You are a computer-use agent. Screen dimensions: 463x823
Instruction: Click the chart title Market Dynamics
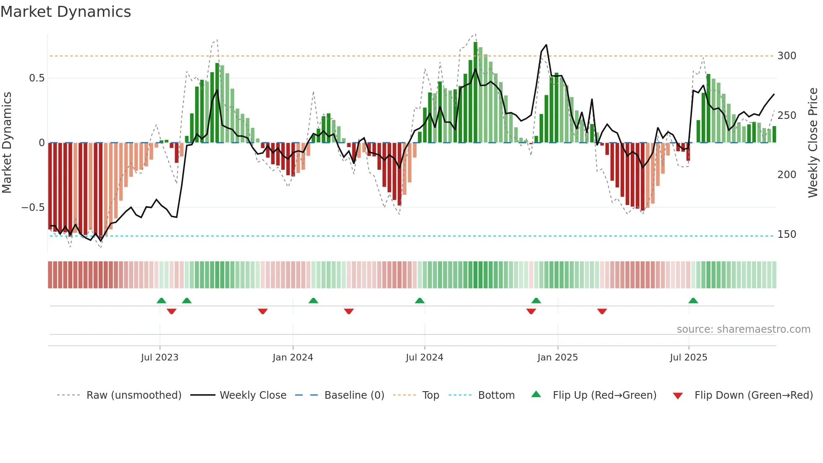coord(66,12)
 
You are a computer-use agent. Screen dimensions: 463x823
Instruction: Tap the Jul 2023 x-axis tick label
coord(160,358)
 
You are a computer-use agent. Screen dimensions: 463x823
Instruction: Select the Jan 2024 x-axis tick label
coord(293,358)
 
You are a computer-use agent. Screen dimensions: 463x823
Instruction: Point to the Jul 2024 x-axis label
coord(424,358)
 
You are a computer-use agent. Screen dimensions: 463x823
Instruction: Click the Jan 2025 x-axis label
coord(557,358)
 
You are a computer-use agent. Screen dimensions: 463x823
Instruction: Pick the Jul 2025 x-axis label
coord(688,358)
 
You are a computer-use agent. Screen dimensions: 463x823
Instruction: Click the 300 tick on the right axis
coord(786,56)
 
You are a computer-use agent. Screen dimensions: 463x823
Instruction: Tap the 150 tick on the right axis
coord(786,234)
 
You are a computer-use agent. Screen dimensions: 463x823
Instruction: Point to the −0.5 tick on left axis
coord(33,208)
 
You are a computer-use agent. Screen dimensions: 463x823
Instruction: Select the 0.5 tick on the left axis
coord(37,78)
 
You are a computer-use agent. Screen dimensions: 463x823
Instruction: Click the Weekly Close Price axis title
coord(813,143)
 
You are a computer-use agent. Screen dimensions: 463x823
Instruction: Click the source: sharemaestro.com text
coord(743,329)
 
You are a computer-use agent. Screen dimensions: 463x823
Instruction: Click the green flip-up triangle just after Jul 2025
coord(693,300)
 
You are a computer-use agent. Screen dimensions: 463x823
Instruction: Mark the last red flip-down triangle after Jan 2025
coord(602,311)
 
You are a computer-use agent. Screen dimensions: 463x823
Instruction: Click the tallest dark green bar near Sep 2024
coord(475,92)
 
